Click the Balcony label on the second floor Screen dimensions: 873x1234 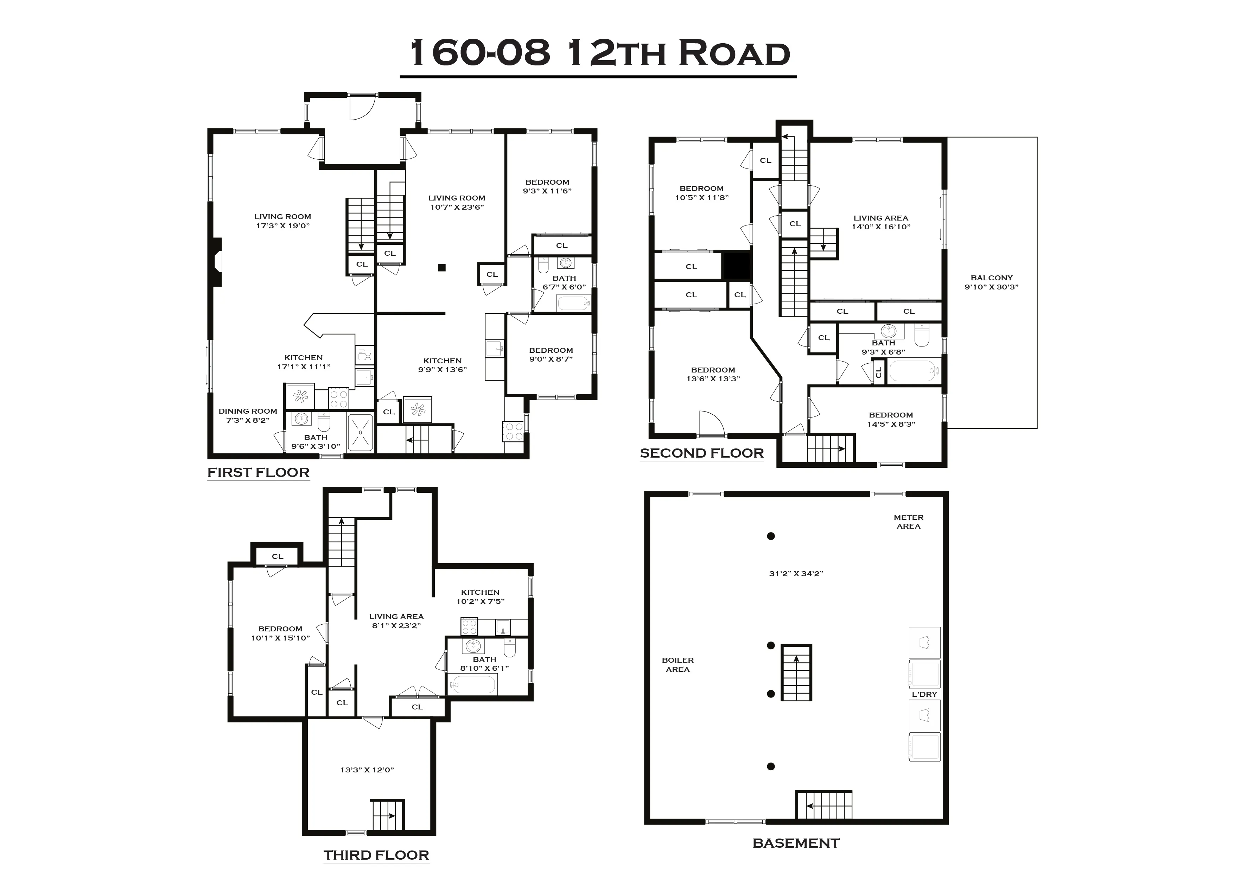point(991,282)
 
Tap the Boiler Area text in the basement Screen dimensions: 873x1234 point(678,664)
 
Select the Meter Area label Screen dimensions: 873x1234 point(908,521)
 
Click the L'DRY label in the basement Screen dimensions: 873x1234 point(924,694)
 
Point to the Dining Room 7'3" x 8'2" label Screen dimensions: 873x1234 point(248,415)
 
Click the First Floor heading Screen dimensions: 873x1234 point(259,472)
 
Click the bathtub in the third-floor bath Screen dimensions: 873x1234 point(473,685)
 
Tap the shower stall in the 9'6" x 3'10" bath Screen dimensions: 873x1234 point(360,432)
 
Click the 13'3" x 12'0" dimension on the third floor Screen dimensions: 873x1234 point(367,770)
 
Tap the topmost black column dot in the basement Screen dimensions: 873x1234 point(771,536)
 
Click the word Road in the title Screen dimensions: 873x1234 point(734,54)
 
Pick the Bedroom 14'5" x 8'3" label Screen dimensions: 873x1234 point(891,419)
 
